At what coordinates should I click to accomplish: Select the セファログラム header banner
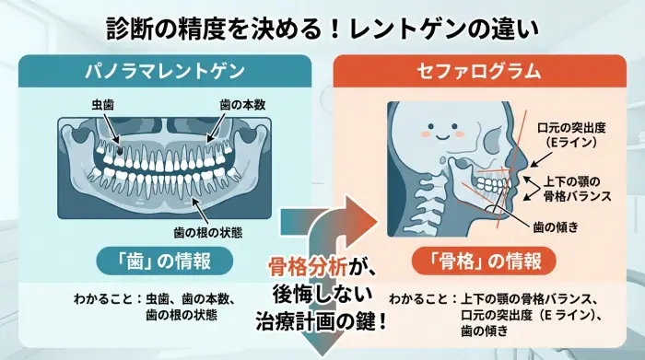click(480, 72)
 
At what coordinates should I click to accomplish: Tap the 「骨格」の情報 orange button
click(481, 261)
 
